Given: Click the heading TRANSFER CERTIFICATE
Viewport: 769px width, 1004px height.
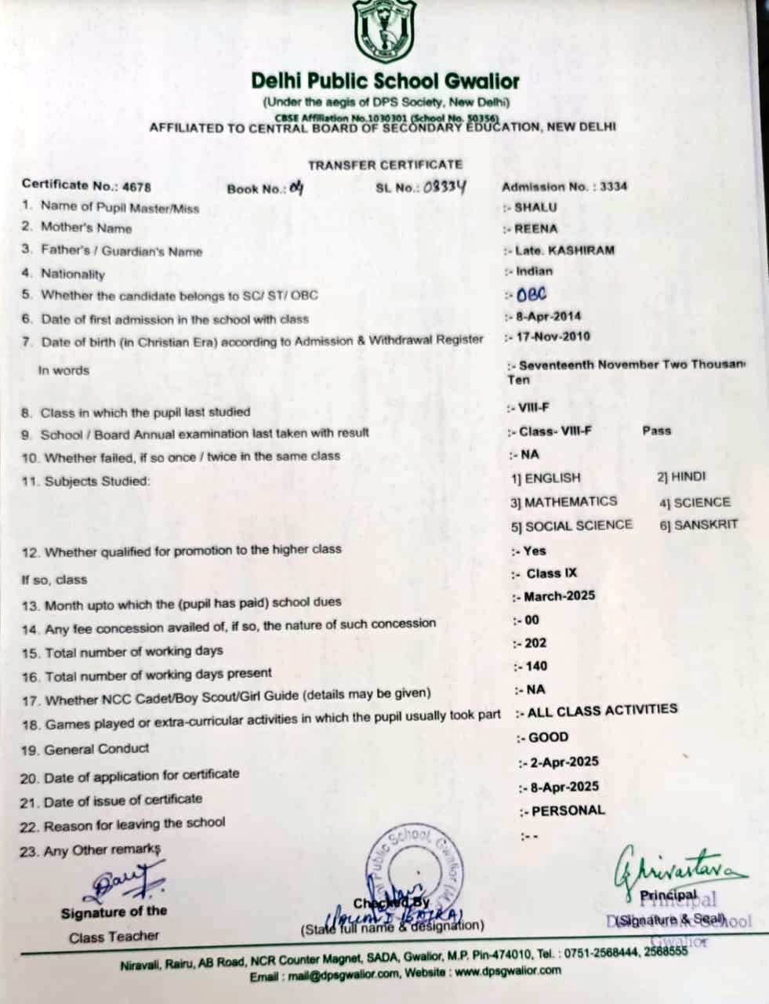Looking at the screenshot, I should click(385, 165).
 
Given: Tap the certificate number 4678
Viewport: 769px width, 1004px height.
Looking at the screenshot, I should click(135, 187).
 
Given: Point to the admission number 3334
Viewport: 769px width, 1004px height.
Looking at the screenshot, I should click(613, 187).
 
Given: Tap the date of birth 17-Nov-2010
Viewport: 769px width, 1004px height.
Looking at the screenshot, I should click(552, 337).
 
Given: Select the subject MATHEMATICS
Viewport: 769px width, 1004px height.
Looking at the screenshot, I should click(570, 501).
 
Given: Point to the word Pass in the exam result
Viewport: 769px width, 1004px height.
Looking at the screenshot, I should click(657, 431).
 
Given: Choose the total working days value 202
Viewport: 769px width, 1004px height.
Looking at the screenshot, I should click(535, 643).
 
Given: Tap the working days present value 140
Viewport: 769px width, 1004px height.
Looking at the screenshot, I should click(536, 667).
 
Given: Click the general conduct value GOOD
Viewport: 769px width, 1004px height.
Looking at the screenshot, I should click(549, 737).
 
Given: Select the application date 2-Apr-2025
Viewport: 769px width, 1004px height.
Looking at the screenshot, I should click(563, 762).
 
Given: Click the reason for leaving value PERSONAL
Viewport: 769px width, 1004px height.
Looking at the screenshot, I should click(568, 810).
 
